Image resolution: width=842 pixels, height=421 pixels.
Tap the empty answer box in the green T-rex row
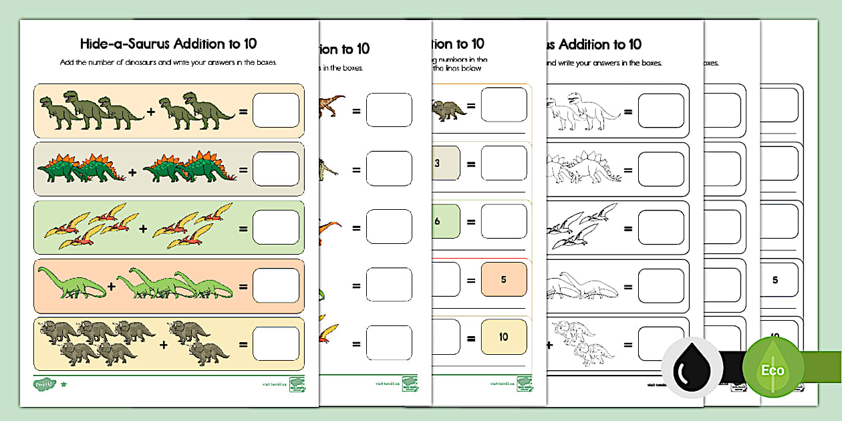[x=276, y=110]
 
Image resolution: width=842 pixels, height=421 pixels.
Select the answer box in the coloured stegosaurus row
[x=276, y=169]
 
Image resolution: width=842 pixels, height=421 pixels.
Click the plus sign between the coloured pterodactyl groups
[x=143, y=229]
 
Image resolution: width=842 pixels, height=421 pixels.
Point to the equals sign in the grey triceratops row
[x=243, y=345]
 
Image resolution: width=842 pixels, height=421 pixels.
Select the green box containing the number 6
[x=446, y=221]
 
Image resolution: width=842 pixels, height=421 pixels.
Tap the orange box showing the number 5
[x=503, y=279]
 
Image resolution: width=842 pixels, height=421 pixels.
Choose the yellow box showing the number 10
[x=503, y=337]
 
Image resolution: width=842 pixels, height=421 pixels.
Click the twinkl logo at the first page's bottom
[x=43, y=384]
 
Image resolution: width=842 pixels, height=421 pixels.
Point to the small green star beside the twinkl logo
[x=63, y=384]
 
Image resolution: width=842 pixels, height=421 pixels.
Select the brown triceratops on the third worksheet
[x=448, y=110]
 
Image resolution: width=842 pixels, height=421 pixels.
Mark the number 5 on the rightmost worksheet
[x=775, y=280]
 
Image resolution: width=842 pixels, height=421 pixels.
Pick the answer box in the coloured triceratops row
[x=276, y=345]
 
